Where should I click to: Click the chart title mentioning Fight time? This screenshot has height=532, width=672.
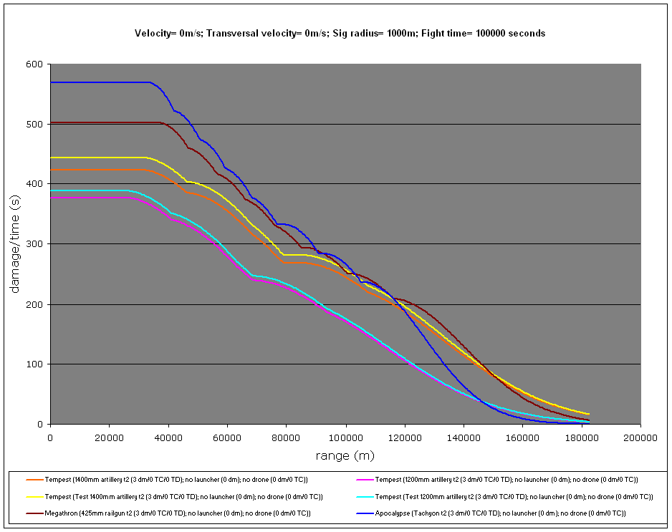pos(340,34)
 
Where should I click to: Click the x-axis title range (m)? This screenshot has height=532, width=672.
pos(345,455)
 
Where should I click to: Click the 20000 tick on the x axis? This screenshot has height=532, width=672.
pos(110,436)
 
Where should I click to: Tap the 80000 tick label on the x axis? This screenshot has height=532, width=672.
pos(287,436)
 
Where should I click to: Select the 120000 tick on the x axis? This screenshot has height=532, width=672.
pos(404,436)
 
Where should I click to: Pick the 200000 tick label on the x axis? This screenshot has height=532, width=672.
pos(640,436)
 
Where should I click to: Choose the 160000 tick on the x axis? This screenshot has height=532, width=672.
pos(522,436)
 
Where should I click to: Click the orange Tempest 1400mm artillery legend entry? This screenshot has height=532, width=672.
pos(176,479)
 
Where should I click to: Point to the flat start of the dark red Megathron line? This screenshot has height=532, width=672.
pos(100,122)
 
